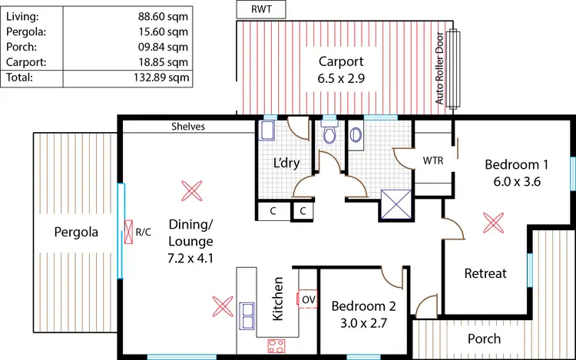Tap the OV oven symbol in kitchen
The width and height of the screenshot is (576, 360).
point(308,299)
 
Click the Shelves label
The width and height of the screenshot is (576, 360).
point(188,127)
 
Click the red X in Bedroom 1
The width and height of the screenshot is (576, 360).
point(490,223)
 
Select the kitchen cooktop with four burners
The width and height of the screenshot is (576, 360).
point(276,345)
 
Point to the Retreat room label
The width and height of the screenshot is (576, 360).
point(485,273)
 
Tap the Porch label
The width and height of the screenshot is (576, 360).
point(484,339)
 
